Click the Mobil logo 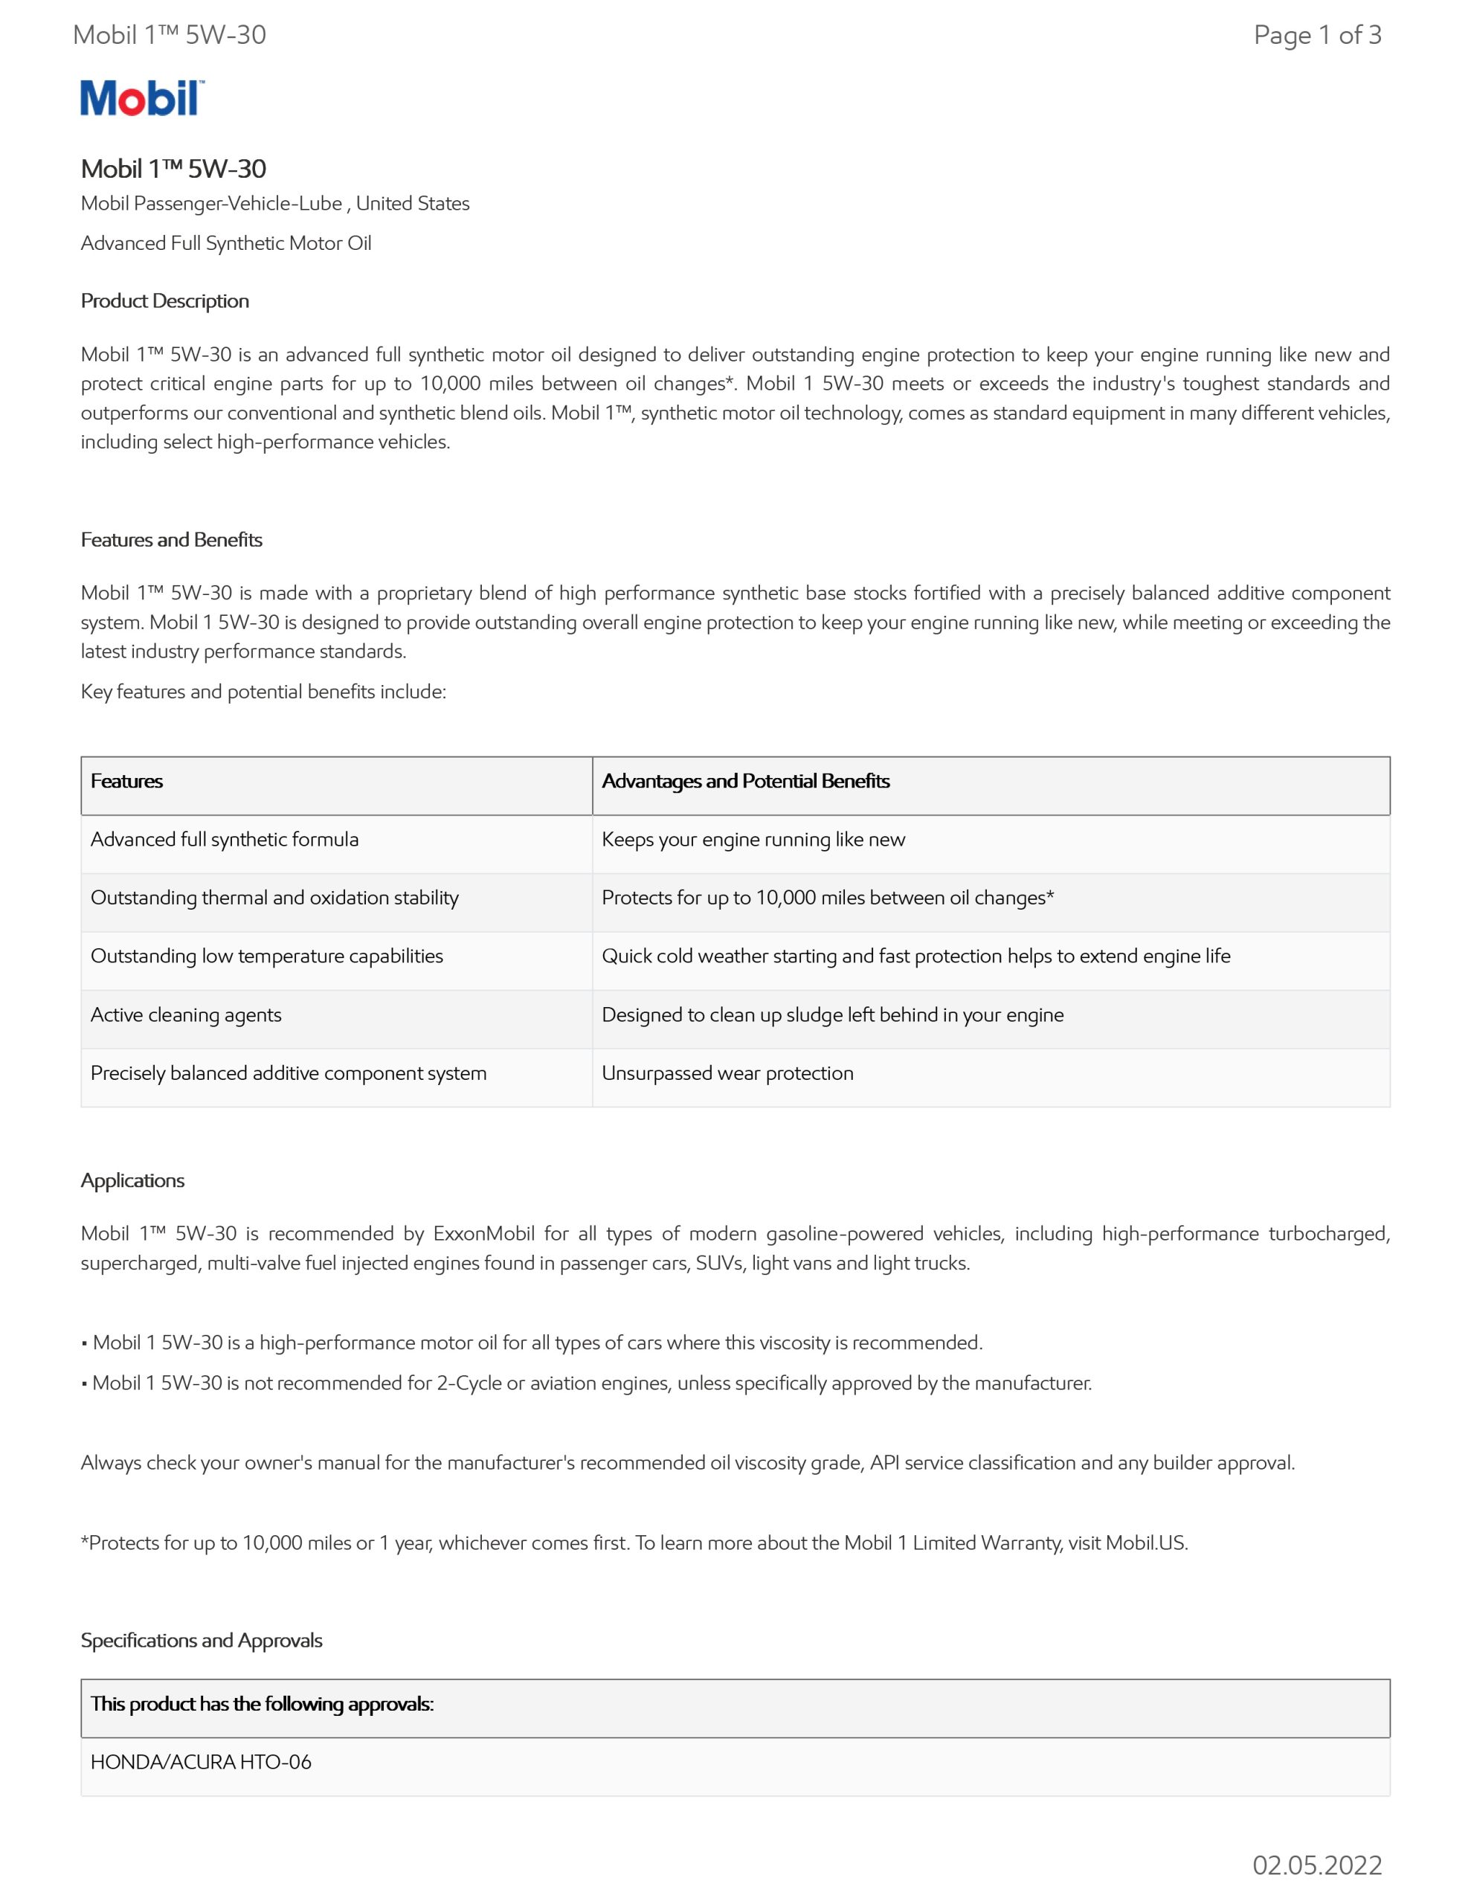click(142, 98)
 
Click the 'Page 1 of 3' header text click(1316, 35)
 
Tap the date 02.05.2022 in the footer click(1316, 1865)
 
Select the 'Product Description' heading click(165, 300)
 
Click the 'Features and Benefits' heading click(172, 540)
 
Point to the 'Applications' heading click(132, 1180)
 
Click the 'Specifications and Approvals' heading click(202, 1640)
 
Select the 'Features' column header click(126, 781)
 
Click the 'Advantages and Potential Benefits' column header click(745, 781)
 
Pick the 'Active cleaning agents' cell click(186, 1014)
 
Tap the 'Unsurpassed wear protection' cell click(727, 1073)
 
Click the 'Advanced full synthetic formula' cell click(224, 840)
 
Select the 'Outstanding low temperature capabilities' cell click(267, 956)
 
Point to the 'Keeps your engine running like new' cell click(753, 840)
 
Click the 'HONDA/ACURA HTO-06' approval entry click(201, 1762)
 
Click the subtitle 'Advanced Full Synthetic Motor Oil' click(226, 243)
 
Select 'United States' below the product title click(413, 203)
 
